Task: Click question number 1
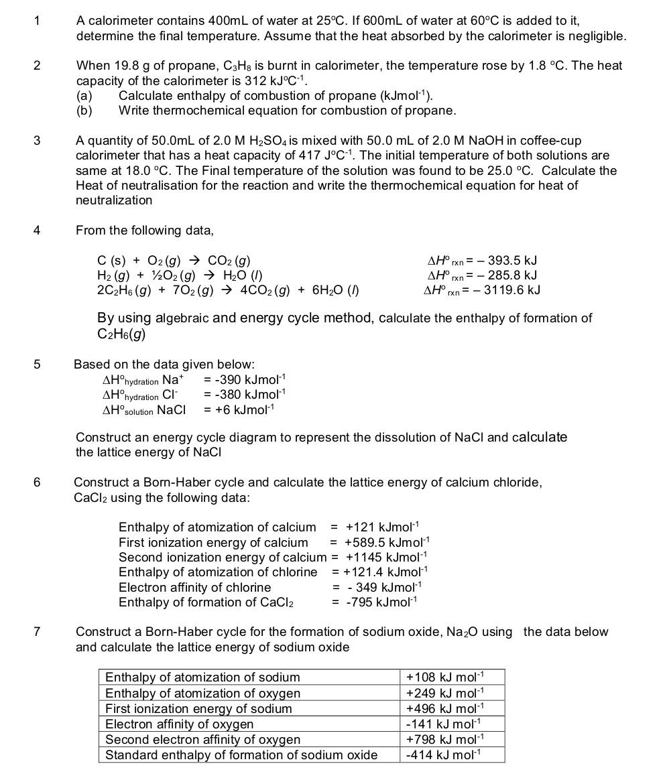pyautogui.click(x=38, y=21)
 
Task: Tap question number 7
pyautogui.click(x=37, y=632)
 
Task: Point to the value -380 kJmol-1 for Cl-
pyautogui.click(x=245, y=394)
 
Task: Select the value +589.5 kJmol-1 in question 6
pyautogui.click(x=387, y=542)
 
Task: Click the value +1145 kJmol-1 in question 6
pyautogui.click(x=386, y=557)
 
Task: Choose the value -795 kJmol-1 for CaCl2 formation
pyautogui.click(x=381, y=602)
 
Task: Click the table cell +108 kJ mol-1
pyautogui.click(x=444, y=677)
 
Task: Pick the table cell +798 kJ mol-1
pyautogui.click(x=444, y=740)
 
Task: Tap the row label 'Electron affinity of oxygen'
pyautogui.click(x=180, y=724)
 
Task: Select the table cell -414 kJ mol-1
pyautogui.click(x=444, y=755)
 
